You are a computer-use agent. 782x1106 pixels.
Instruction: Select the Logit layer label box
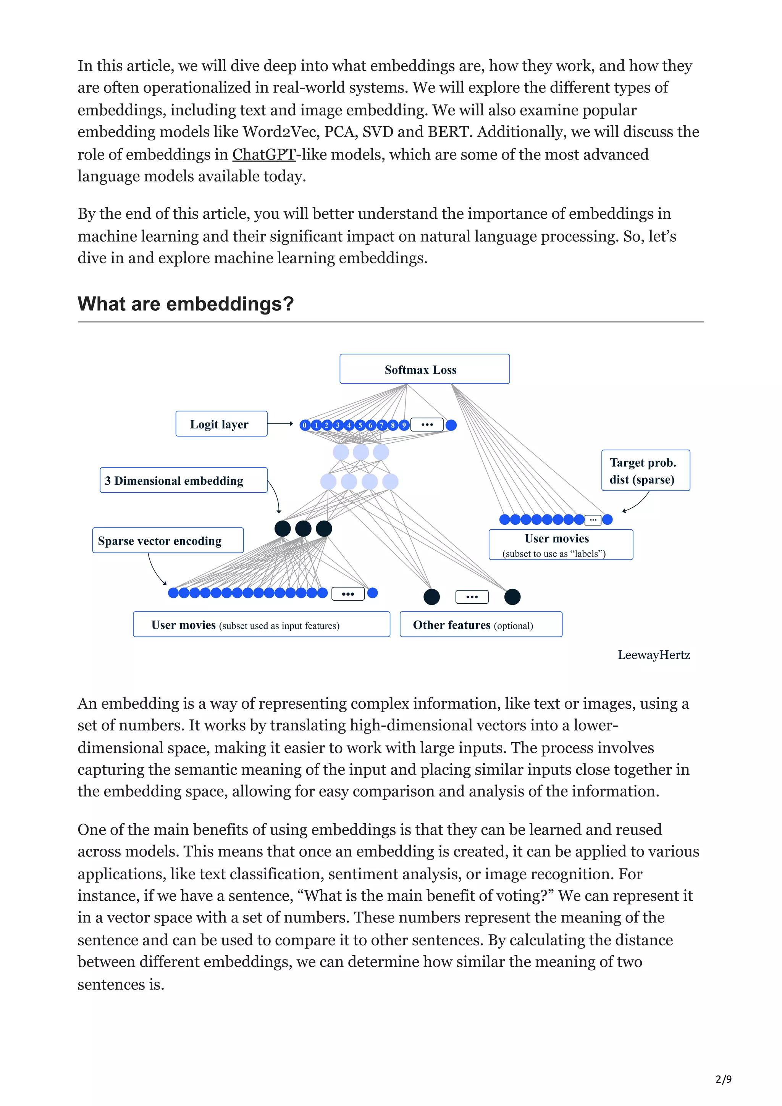(221, 424)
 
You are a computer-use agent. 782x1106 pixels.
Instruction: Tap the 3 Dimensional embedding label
(183, 480)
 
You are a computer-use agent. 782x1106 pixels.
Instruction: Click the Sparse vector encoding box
(168, 540)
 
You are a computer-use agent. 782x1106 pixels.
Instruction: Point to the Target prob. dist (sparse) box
(645, 471)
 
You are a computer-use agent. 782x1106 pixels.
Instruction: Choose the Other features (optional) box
(480, 625)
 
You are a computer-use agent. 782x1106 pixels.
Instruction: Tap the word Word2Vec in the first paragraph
(280, 132)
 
